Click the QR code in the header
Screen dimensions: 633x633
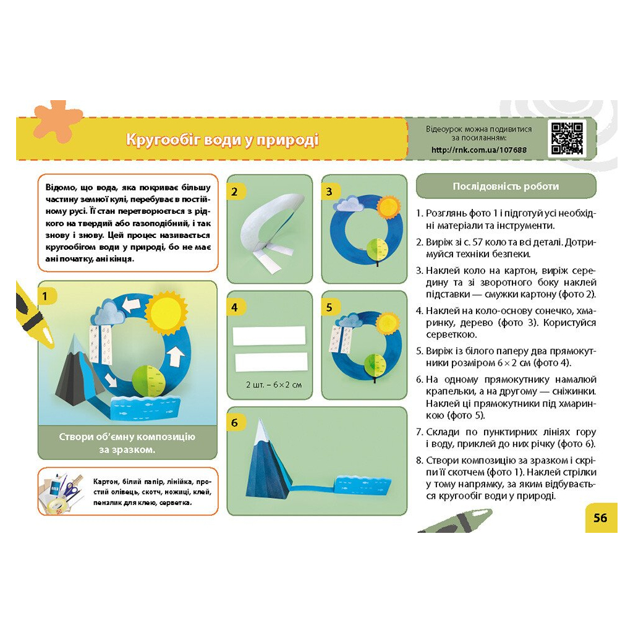pos(567,138)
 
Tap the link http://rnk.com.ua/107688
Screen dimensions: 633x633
pos(479,150)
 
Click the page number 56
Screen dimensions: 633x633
pos(600,518)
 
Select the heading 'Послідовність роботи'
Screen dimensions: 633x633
pos(506,186)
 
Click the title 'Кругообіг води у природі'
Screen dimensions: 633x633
pos(223,140)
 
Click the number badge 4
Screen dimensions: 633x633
pos(235,308)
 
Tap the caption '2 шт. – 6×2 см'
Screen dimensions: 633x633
pos(274,384)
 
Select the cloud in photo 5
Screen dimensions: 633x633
pos(350,321)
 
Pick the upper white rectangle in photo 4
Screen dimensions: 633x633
pos(270,336)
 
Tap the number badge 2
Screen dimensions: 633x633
pos(235,192)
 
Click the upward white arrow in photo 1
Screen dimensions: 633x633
pos(175,357)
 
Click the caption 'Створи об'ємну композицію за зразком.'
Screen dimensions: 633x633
pos(127,443)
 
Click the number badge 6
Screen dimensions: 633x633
pos(235,423)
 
